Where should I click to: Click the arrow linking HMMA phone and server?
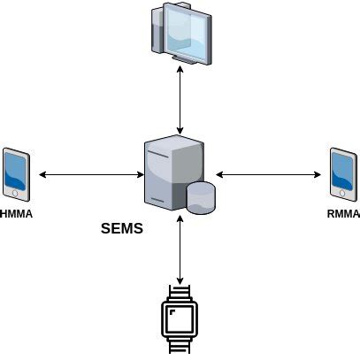click(88, 174)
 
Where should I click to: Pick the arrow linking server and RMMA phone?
click(270, 174)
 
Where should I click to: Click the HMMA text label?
click(17, 213)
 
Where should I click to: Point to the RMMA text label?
click(343, 213)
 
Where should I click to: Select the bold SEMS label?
click(122, 228)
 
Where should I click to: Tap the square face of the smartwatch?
click(180, 317)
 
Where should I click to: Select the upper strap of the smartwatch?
click(180, 293)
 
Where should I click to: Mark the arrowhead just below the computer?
click(180, 71)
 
